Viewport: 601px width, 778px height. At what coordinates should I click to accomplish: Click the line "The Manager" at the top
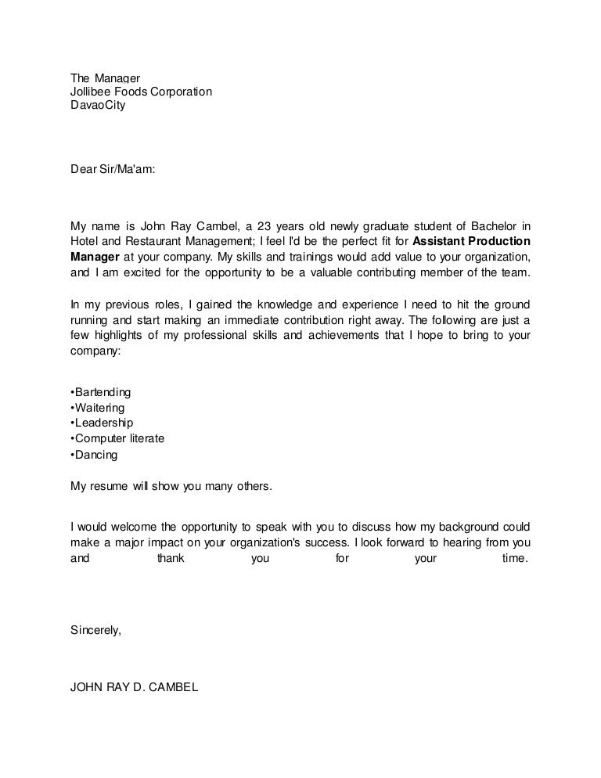pyautogui.click(x=105, y=78)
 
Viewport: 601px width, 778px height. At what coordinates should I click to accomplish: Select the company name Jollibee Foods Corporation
pyautogui.click(x=141, y=92)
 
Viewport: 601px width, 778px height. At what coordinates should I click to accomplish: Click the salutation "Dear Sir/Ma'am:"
pyautogui.click(x=113, y=167)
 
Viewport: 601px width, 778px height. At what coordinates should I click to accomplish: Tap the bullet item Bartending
pyautogui.click(x=101, y=391)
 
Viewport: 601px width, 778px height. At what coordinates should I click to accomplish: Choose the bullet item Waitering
pyautogui.click(x=98, y=407)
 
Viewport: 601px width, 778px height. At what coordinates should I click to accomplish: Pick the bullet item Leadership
pyautogui.click(x=102, y=423)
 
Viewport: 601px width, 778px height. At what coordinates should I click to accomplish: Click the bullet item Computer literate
pyautogui.click(x=117, y=438)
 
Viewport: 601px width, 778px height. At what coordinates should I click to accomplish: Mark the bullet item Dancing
pyautogui.click(x=95, y=454)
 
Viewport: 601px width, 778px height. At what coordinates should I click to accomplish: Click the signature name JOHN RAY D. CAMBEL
pyautogui.click(x=135, y=688)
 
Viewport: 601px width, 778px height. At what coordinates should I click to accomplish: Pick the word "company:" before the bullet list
pyautogui.click(x=95, y=351)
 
